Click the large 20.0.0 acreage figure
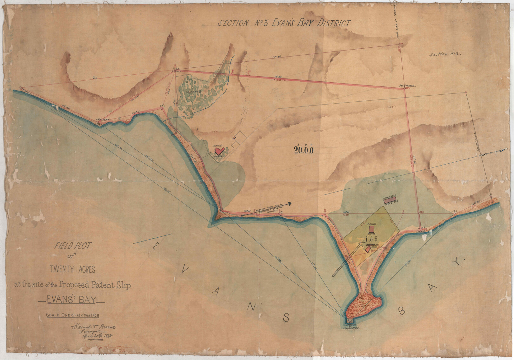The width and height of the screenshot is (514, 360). pyautogui.click(x=304, y=151)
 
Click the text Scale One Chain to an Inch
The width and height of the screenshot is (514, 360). pyautogui.click(x=73, y=315)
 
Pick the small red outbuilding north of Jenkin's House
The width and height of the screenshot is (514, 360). pyautogui.click(x=234, y=138)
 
